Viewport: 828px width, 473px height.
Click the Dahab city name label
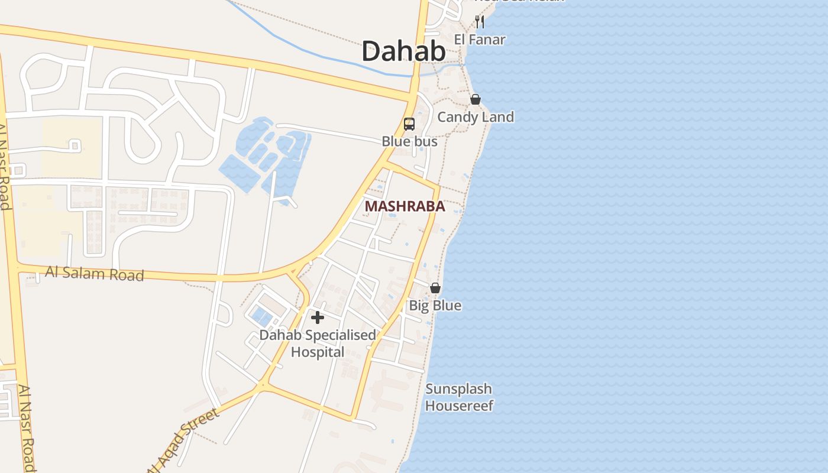403,51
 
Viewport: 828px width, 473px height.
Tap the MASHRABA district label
405,206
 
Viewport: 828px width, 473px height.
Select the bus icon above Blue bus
409,124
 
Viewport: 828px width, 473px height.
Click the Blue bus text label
409,141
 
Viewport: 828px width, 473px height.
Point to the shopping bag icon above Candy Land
475,99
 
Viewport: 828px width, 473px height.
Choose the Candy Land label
475,117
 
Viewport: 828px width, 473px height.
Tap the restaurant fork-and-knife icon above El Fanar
480,22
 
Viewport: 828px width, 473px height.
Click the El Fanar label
480,40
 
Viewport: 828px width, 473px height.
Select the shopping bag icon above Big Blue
435,288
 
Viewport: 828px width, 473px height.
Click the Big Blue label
435,306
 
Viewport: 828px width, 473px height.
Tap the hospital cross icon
318,318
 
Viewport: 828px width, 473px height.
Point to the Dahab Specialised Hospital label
318,344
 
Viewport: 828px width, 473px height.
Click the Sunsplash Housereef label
459,397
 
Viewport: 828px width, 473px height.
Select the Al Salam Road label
95,274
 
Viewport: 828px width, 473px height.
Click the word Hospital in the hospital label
318,352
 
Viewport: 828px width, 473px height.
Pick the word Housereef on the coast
459,406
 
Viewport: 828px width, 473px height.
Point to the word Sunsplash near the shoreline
459,389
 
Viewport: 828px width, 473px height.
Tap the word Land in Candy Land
497,117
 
